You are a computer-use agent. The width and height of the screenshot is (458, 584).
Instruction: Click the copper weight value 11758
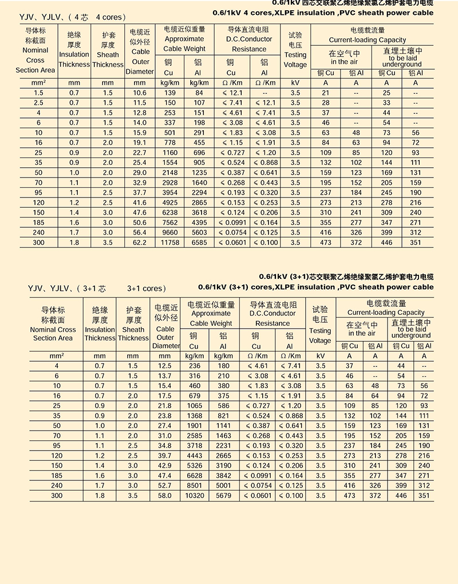coord(169,243)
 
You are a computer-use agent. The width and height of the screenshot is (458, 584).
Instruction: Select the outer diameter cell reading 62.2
coord(140,243)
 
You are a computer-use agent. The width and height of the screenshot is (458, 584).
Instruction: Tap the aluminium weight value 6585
coord(199,243)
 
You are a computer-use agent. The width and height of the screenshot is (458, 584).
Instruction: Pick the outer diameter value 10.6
coord(140,93)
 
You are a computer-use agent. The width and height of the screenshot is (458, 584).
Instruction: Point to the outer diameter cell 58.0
coord(165,495)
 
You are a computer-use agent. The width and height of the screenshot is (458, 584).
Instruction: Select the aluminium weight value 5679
coord(223,495)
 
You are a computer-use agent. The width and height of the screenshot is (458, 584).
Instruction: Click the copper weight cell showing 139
coord(169,93)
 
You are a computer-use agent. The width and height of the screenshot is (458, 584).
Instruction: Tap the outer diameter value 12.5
coord(165,365)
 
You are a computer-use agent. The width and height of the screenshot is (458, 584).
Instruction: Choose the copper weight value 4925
coord(169,203)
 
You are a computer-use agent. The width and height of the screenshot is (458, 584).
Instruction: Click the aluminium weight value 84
coord(199,93)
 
